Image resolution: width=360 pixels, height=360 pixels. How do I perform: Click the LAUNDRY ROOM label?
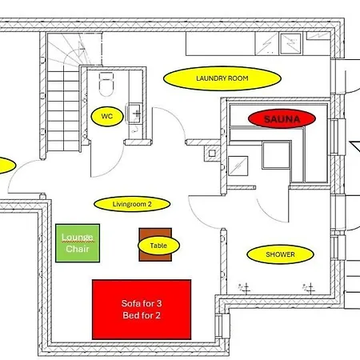[222, 78]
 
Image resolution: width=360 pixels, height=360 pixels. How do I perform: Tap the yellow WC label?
[107, 117]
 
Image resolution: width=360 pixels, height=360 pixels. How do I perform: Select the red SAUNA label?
[282, 118]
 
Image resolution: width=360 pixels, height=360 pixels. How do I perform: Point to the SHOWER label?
[280, 254]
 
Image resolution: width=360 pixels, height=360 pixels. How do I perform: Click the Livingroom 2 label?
[132, 204]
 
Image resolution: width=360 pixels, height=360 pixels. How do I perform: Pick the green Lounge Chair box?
[78, 243]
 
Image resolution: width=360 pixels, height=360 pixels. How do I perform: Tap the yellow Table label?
[158, 246]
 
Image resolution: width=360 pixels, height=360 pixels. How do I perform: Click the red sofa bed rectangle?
[142, 310]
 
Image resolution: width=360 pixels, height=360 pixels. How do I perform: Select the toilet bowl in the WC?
[106, 84]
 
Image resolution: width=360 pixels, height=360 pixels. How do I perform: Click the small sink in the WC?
[134, 114]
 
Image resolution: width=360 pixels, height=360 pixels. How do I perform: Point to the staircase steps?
[64, 110]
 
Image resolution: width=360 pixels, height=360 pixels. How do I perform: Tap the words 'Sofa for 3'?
[142, 303]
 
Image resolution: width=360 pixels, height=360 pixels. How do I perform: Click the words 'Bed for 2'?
[142, 315]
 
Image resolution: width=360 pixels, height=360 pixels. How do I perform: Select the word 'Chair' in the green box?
[78, 249]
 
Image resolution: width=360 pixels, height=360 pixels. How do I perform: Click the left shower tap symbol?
[245, 288]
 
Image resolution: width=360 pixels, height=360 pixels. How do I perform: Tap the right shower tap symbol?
[309, 288]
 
